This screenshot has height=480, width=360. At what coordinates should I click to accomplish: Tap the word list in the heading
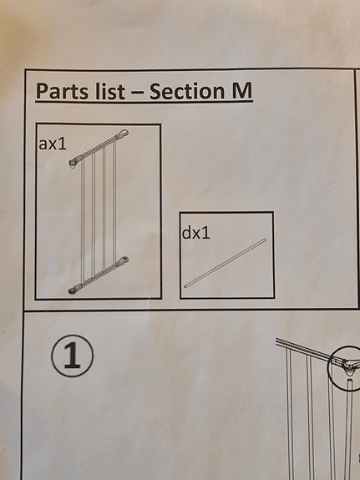[110, 91]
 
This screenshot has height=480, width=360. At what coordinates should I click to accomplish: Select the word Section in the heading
[187, 91]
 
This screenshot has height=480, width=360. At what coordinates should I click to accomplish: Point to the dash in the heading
[137, 92]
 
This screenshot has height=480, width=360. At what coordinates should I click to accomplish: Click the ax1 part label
[53, 144]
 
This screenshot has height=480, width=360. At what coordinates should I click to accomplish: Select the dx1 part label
[196, 233]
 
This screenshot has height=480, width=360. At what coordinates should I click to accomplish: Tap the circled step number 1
[73, 356]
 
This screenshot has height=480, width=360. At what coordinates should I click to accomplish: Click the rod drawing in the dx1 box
[226, 263]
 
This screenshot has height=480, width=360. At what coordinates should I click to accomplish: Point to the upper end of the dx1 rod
[265, 240]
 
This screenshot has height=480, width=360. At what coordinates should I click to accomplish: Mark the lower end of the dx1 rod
[185, 286]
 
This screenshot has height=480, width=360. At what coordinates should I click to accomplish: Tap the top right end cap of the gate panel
[124, 134]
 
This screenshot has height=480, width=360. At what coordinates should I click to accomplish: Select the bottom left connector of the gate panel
[74, 289]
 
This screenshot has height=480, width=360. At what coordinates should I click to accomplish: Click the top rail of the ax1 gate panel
[99, 148]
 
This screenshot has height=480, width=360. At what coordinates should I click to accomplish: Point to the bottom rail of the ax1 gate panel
[99, 275]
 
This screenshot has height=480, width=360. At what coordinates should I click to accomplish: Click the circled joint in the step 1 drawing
[346, 367]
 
